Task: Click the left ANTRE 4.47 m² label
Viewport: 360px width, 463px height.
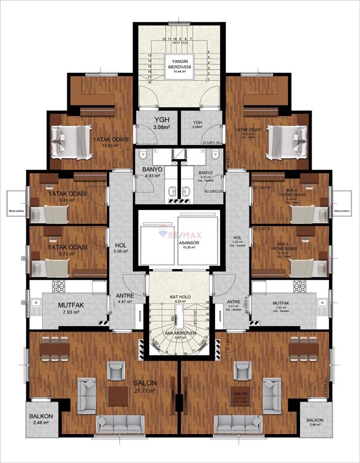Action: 124,298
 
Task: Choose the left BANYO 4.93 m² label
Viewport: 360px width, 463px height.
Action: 152,172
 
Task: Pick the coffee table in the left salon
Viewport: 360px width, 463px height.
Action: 119,395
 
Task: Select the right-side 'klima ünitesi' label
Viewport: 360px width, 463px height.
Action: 341,211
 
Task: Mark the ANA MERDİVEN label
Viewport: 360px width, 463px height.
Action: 180,332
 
